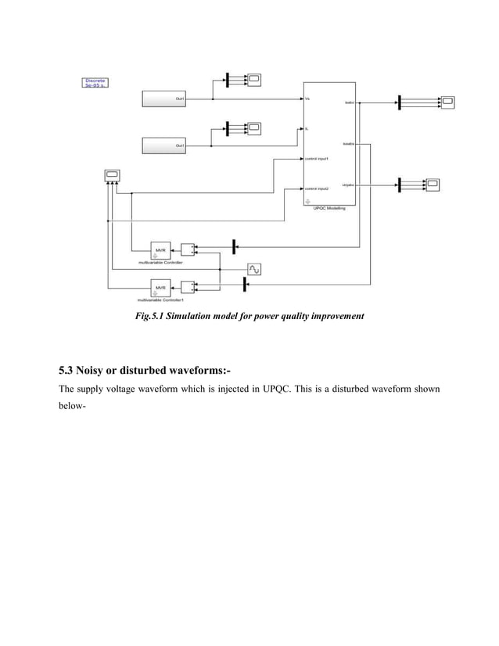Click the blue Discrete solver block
point(95,83)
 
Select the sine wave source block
point(254,269)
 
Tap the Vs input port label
point(307,99)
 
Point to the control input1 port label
point(317,159)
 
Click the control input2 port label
point(317,188)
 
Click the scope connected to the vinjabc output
point(432,185)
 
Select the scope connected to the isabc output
point(447,102)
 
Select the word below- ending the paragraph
point(73,407)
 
